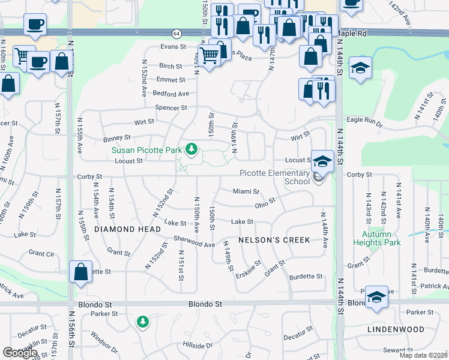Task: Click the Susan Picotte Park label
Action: [x=148, y=149]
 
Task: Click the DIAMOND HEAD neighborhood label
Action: [x=127, y=229]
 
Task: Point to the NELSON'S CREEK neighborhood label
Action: [x=274, y=240]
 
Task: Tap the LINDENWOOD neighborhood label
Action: [x=396, y=329]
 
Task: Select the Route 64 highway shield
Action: [x=176, y=33]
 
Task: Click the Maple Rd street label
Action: [x=351, y=34]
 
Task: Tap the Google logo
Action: [x=20, y=352]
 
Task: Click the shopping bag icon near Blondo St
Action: [x=80, y=273]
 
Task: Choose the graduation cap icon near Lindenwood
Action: [x=376, y=298]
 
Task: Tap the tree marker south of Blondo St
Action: [x=142, y=322]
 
